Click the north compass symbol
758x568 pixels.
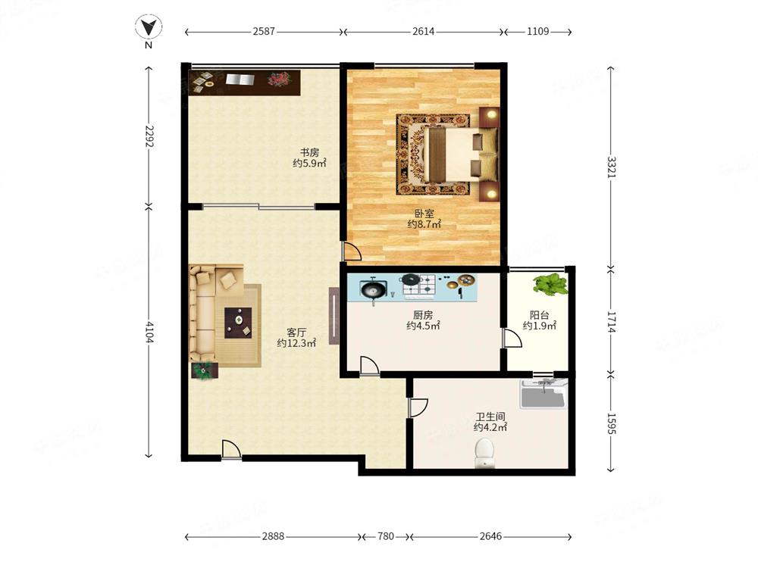(x=149, y=27)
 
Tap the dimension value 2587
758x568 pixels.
(x=264, y=31)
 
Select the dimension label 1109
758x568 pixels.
(x=537, y=31)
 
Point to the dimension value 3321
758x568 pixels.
(x=612, y=167)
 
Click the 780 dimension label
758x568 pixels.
(x=385, y=536)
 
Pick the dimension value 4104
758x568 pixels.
(x=149, y=332)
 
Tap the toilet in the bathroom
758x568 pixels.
(x=484, y=453)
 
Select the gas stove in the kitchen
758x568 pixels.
(x=420, y=285)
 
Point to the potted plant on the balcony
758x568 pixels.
(x=550, y=284)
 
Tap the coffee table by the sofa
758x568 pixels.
(x=238, y=322)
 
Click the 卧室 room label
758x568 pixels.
(x=424, y=213)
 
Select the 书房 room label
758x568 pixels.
(x=309, y=152)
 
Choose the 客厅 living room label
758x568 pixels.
(x=296, y=332)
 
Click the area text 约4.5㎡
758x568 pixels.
(x=423, y=326)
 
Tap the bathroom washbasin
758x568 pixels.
(x=543, y=394)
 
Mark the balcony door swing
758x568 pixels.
(x=512, y=338)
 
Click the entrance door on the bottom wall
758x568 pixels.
(x=231, y=450)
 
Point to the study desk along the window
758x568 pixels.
(x=245, y=83)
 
